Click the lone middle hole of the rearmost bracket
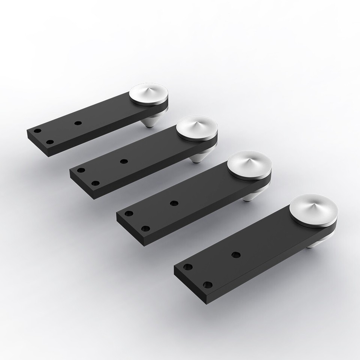[x=78, y=123]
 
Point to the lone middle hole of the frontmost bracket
[x=235, y=255]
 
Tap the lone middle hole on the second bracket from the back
[x=124, y=161]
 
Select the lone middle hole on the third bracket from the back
[x=174, y=203]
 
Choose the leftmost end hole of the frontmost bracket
[x=188, y=267]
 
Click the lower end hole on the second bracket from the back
[x=96, y=183]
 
